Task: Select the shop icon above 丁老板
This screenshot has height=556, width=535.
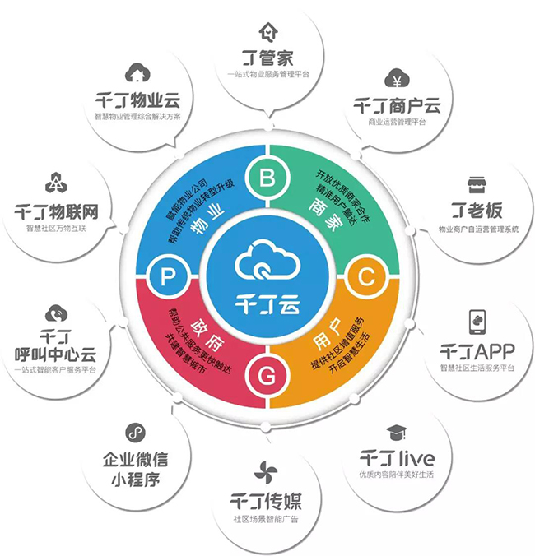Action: point(475,183)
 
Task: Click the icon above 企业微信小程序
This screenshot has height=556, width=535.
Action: point(135,432)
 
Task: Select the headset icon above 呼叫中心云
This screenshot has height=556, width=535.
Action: point(56,313)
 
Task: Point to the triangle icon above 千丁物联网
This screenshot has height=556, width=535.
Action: point(56,183)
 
